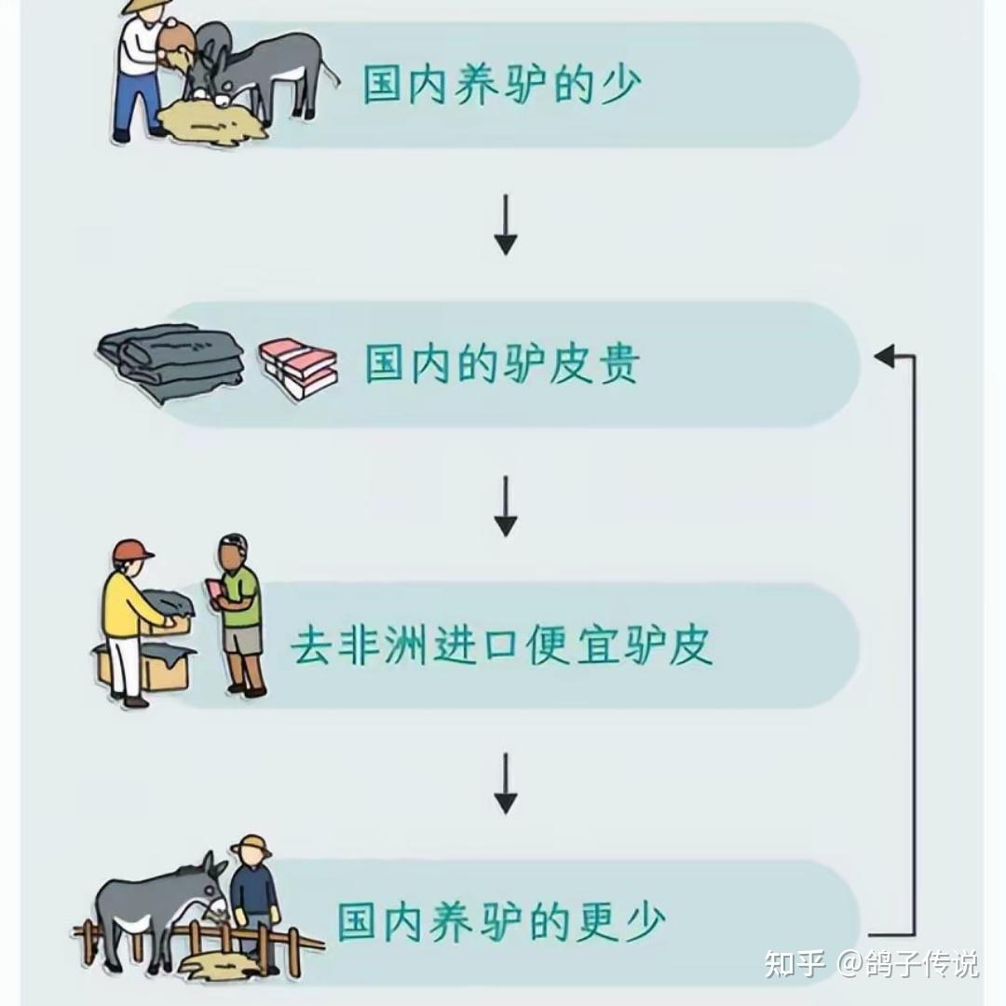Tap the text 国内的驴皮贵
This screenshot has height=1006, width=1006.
(x=502, y=363)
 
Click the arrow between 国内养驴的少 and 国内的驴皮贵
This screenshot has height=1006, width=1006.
(x=505, y=224)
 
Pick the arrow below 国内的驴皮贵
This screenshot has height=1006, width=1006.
(x=505, y=507)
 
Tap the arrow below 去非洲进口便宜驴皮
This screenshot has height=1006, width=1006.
(x=505, y=783)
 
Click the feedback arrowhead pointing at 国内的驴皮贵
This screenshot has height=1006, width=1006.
(x=883, y=355)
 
